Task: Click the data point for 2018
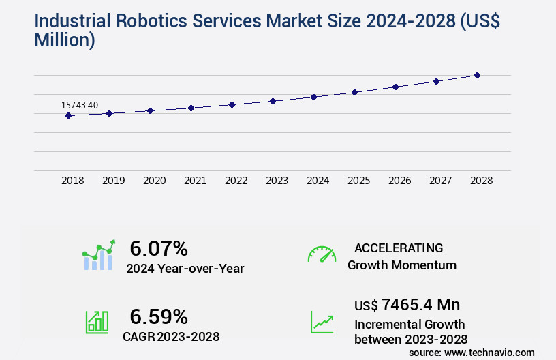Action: [x=68, y=116]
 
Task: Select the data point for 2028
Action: [x=477, y=75]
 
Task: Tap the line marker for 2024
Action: [x=313, y=97]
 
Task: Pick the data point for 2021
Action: [x=191, y=108]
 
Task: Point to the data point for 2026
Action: [x=395, y=87]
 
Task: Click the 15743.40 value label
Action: [x=80, y=105]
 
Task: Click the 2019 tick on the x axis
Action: [x=114, y=181]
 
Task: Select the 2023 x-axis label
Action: [x=277, y=181]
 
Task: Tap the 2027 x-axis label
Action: [x=440, y=181]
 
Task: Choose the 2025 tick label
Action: [x=358, y=181]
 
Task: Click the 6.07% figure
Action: [x=159, y=248]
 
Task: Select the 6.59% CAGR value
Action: [x=159, y=316]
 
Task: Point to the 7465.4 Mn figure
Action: [x=420, y=304]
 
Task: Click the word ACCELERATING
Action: [x=399, y=247]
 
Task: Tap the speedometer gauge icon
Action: [x=322, y=254]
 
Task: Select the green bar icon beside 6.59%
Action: [x=97, y=322]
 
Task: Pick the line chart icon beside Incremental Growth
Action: [x=322, y=322]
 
